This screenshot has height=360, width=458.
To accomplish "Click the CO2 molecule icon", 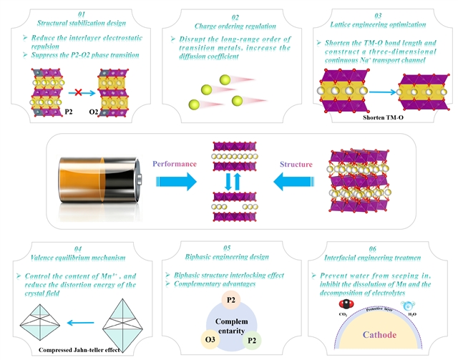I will (x=339, y=305).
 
